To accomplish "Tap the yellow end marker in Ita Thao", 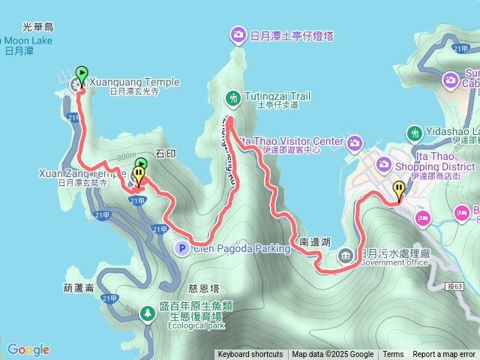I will (x=399, y=190).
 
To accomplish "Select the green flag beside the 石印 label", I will (x=142, y=164).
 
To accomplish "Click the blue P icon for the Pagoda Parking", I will (x=181, y=247).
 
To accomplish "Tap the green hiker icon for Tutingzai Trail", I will (x=233, y=97).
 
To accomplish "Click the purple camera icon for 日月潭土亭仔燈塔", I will (x=238, y=34).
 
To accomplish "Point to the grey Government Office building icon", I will (x=346, y=255).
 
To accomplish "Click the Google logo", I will (x=28, y=349).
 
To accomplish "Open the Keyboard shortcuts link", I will (x=250, y=355).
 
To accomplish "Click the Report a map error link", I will (x=444, y=355).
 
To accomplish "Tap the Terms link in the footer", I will (x=393, y=355).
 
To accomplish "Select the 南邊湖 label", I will (x=314, y=243).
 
